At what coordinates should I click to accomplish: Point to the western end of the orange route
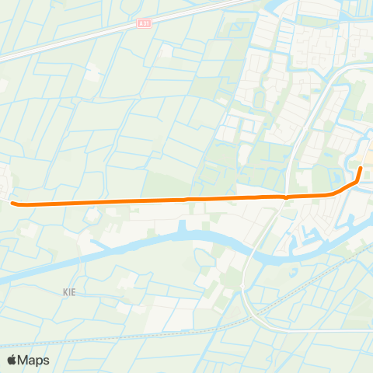14,204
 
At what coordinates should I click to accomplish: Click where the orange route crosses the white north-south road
287,197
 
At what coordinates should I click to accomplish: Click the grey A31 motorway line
78,40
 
